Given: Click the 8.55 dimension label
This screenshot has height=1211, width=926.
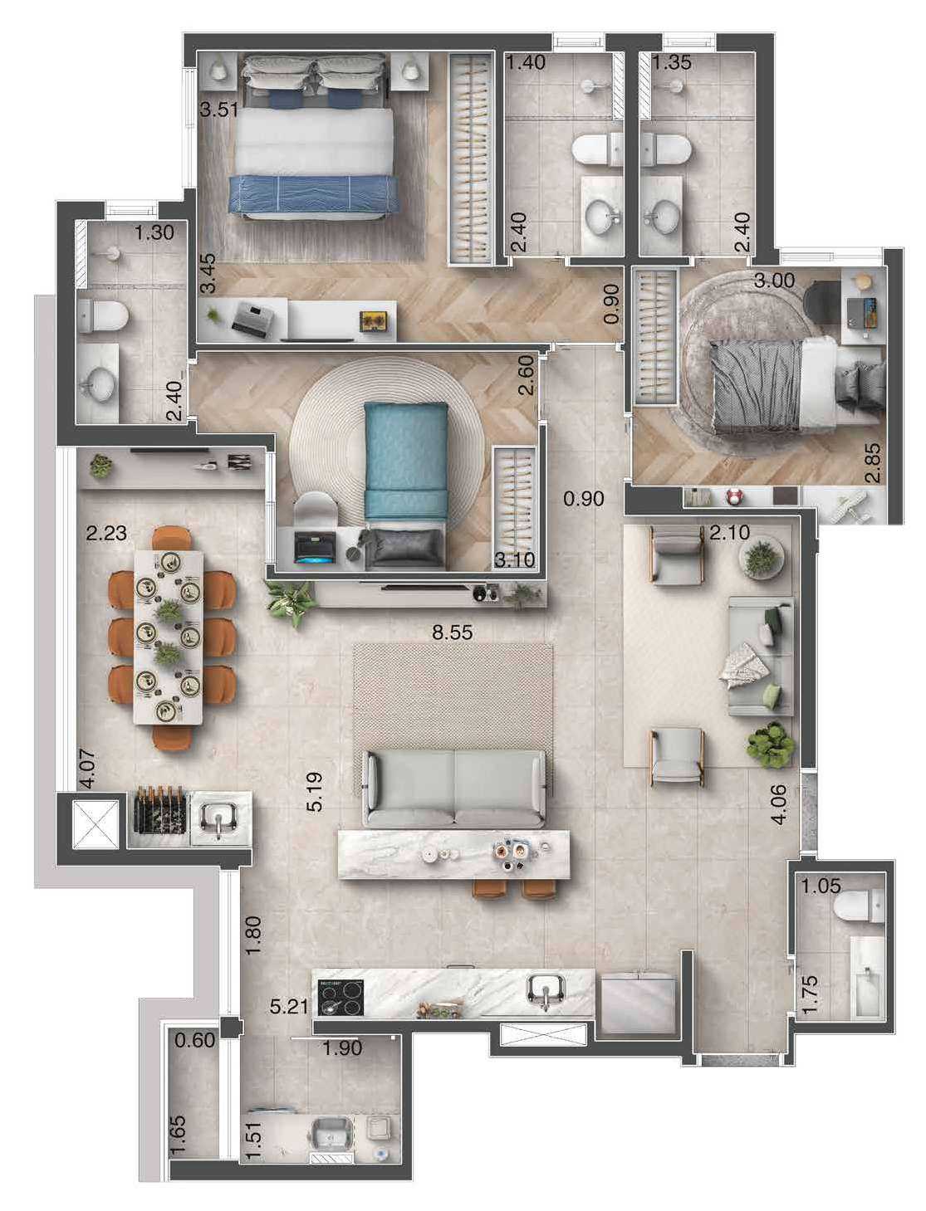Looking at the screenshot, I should pyautogui.click(x=452, y=632).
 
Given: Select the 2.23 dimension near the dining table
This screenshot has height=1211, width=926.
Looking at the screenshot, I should pyautogui.click(x=107, y=533).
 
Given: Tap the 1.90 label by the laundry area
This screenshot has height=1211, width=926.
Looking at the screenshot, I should pyautogui.click(x=342, y=1048).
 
